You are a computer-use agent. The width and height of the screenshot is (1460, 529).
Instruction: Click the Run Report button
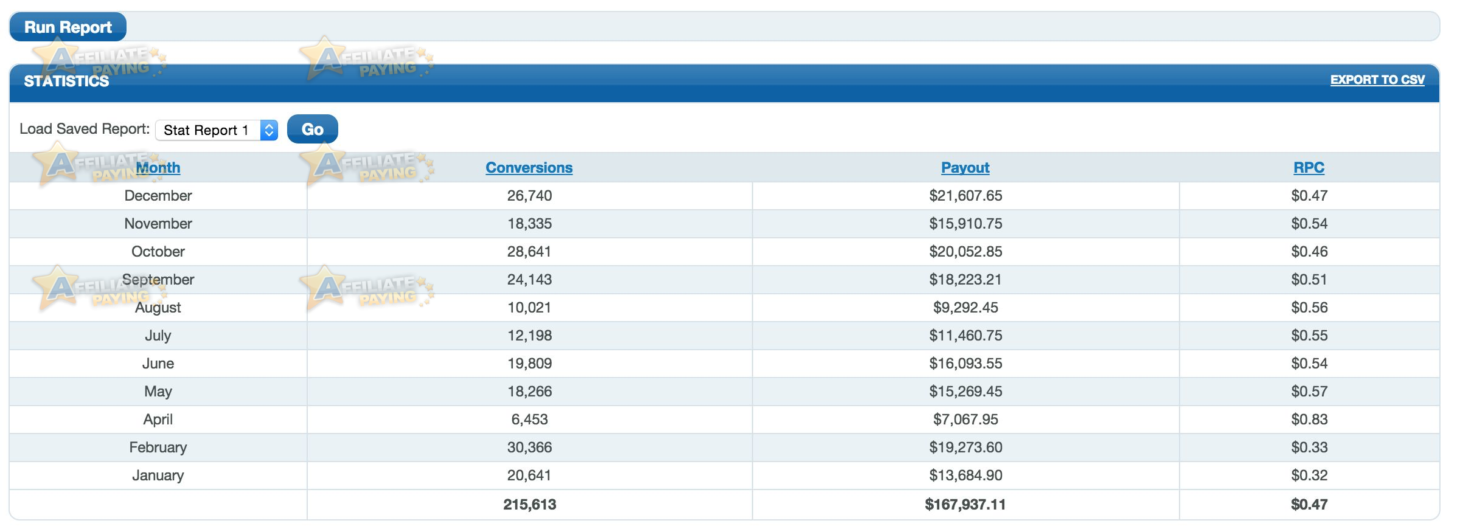point(68,27)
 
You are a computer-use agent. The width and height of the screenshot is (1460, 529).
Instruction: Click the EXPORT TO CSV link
point(1377,80)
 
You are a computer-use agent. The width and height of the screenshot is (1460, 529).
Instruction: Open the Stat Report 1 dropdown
point(217,130)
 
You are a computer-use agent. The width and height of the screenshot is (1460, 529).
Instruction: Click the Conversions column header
point(529,168)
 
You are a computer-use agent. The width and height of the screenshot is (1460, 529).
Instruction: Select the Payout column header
point(965,168)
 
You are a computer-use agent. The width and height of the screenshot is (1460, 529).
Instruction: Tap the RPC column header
point(1309,168)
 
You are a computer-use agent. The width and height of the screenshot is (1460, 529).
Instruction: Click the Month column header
point(158,168)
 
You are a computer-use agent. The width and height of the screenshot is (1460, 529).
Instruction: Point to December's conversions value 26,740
point(530,196)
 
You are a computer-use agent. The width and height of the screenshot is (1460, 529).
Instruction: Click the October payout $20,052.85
point(965,252)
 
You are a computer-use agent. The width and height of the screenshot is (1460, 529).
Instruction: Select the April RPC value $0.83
point(1310,420)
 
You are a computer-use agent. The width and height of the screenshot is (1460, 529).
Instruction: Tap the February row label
point(158,448)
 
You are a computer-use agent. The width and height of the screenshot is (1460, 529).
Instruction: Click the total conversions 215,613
point(530,505)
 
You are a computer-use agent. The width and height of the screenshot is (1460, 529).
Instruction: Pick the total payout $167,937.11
point(965,505)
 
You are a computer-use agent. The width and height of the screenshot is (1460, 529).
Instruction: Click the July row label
point(158,336)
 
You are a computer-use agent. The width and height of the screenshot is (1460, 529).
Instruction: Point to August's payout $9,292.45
point(965,308)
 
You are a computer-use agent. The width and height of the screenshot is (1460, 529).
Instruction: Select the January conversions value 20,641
point(529,475)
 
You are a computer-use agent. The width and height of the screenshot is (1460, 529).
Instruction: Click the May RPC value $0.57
point(1310,392)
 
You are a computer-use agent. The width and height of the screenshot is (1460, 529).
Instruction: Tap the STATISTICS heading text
point(66,81)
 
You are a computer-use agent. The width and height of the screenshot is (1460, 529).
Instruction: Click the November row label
point(158,224)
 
